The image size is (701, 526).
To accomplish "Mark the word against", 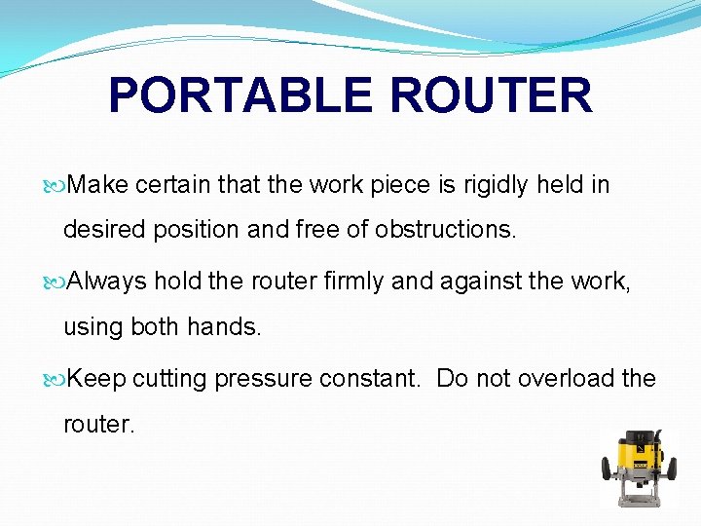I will pos(472,282).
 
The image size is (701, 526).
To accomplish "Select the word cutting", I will pos(169,379).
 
